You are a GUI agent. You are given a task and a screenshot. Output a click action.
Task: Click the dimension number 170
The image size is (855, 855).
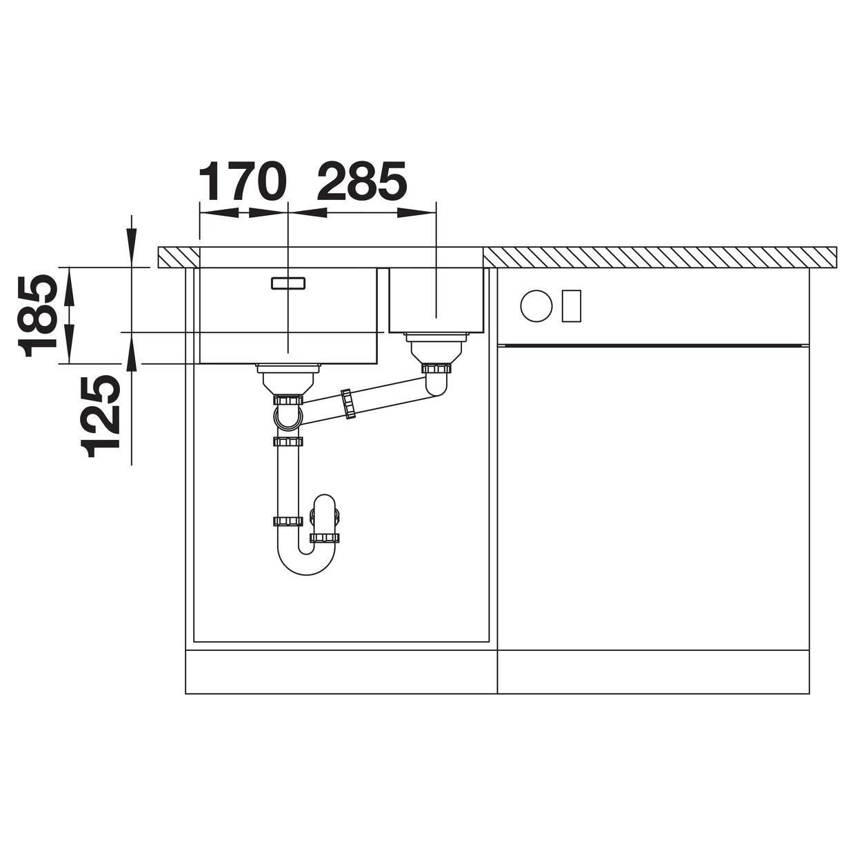(242, 181)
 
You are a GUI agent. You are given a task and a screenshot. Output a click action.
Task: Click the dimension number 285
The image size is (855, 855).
(361, 181)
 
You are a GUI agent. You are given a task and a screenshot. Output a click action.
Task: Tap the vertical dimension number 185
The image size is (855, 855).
(38, 316)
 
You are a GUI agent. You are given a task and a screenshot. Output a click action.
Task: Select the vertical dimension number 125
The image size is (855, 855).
(100, 416)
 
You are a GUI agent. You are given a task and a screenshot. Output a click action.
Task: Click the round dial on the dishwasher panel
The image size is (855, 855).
(536, 305)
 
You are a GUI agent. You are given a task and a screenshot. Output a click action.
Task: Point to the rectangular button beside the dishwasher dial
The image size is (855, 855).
(571, 305)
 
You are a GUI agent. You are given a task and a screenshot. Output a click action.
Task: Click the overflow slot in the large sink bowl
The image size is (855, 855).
(288, 283)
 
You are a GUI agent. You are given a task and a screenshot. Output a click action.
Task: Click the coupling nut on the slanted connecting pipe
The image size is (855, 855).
(348, 404)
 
